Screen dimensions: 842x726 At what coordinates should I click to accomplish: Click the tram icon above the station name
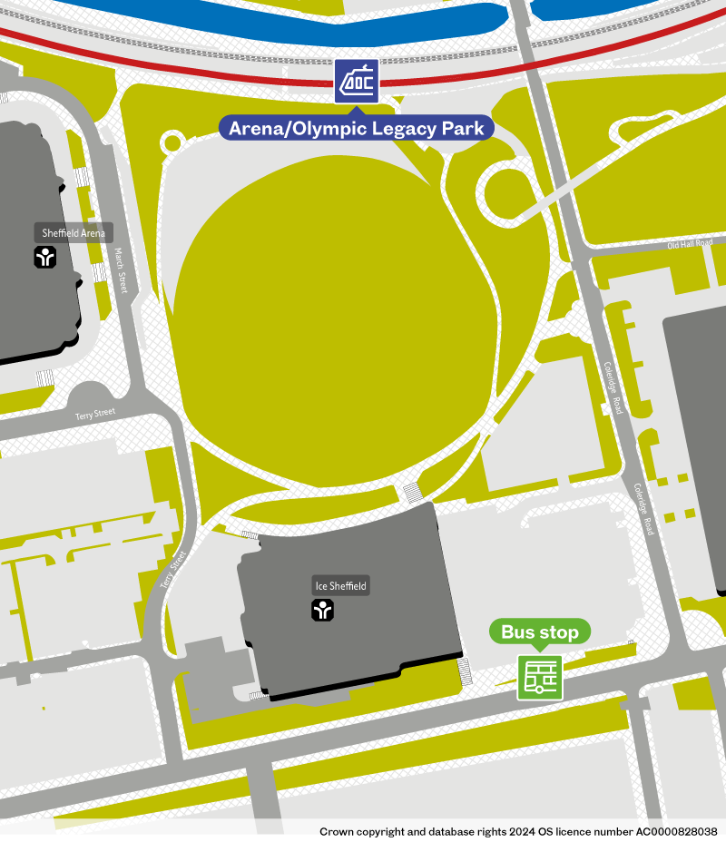[x=357, y=82]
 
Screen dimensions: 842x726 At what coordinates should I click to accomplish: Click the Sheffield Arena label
[x=74, y=233]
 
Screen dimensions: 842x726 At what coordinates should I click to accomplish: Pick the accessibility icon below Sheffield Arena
[x=45, y=258]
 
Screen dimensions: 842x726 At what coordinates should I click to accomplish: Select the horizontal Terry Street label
[x=95, y=413]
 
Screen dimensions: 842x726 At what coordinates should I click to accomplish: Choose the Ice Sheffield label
[x=340, y=586]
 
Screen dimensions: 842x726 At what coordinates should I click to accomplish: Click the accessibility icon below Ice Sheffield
[x=323, y=611]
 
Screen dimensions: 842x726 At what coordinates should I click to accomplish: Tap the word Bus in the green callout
[x=519, y=631]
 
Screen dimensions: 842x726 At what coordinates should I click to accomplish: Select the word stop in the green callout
[x=560, y=631]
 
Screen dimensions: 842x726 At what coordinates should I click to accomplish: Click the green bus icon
[x=540, y=677]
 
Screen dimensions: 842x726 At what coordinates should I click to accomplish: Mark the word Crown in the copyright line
[x=338, y=831]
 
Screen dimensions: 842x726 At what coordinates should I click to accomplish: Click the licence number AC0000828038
[x=674, y=831]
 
